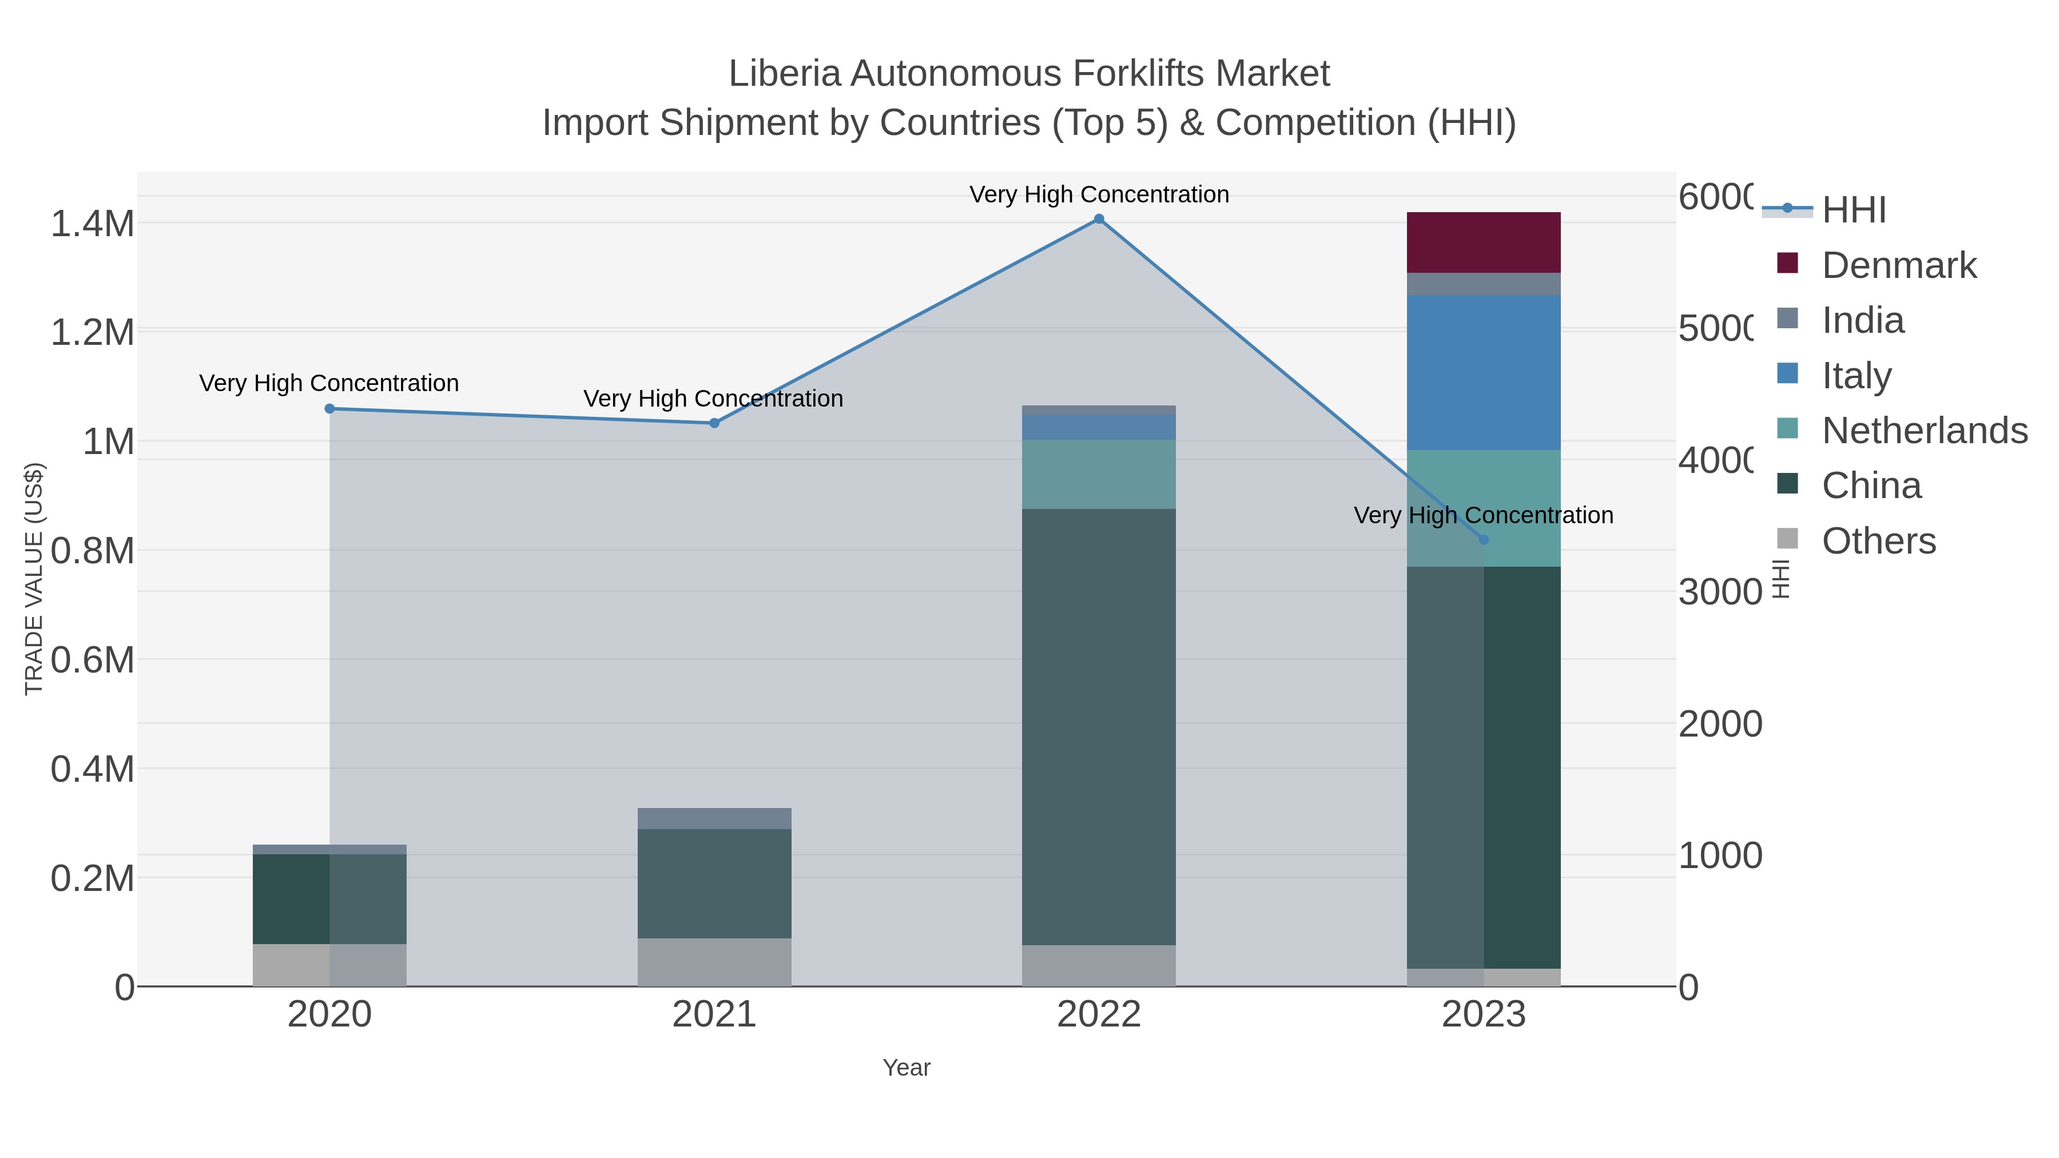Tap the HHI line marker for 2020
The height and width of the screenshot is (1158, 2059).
(329, 408)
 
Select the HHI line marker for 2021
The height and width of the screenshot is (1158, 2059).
(714, 423)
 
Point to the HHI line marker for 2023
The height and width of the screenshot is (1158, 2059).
(1484, 539)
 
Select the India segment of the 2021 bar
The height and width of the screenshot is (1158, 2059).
(714, 818)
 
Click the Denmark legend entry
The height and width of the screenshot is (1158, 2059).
(1898, 265)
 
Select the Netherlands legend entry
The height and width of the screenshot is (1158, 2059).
(1924, 431)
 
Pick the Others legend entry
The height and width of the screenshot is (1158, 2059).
(1878, 541)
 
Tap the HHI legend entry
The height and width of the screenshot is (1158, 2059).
(1854, 210)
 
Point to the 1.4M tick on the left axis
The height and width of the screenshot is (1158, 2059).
(93, 224)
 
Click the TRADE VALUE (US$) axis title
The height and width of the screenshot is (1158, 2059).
(34, 579)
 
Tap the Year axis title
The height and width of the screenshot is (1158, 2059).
(907, 1068)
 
